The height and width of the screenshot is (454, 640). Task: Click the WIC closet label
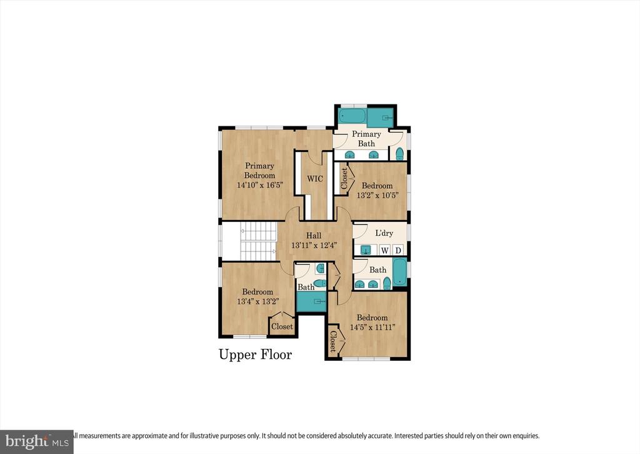coord(315,178)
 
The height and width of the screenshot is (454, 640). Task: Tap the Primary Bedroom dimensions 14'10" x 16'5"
coord(259,185)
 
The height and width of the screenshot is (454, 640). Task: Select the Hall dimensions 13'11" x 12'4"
coord(314,245)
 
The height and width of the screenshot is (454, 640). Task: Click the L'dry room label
coord(384,233)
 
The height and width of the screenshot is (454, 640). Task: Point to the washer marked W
coord(385,250)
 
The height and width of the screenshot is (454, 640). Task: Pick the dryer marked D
coord(398,250)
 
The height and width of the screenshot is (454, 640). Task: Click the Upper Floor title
coord(256,355)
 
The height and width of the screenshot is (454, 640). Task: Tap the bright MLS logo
coord(36,441)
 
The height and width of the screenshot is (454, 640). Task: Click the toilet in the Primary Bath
coord(399,153)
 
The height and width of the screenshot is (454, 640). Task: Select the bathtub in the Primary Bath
coord(353,116)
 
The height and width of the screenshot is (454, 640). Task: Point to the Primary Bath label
coord(366,138)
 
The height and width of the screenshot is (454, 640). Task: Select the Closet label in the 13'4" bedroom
coord(282,326)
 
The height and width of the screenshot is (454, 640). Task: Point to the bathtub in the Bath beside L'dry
coord(400,272)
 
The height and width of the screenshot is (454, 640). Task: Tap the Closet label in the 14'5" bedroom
coord(332,341)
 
